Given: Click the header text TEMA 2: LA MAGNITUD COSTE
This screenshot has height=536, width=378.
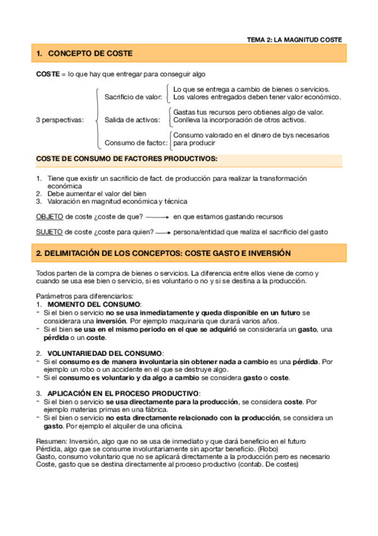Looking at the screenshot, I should (294, 39).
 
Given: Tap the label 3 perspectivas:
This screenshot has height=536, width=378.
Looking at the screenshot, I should (59, 119).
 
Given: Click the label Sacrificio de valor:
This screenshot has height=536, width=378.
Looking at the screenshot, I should (133, 97).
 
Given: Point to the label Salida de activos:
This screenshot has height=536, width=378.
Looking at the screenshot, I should (132, 119).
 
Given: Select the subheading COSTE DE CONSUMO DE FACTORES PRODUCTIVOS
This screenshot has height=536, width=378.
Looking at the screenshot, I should (126, 158).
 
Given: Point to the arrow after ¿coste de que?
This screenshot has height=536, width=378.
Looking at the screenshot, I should (157, 217).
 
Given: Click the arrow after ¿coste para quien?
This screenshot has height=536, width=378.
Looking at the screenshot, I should (163, 233).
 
